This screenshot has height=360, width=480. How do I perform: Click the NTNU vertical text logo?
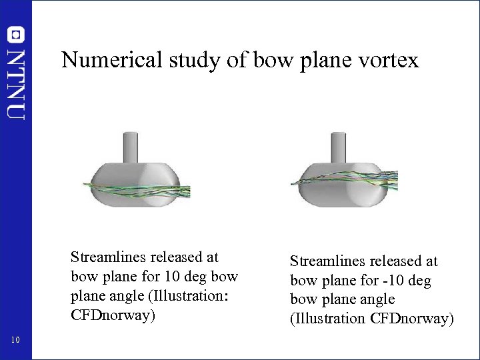coord(16,83)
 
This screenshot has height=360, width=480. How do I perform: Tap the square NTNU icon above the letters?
coord(16,35)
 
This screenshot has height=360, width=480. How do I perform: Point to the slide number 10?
coord(16,341)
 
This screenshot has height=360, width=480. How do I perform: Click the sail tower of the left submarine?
coord(130,146)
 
